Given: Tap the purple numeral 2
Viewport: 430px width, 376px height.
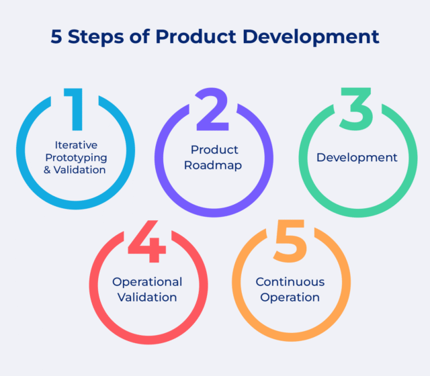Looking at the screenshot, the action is point(212,109).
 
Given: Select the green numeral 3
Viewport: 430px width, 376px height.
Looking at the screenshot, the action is point(356,109).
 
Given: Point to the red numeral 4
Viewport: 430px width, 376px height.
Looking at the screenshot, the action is point(147,241).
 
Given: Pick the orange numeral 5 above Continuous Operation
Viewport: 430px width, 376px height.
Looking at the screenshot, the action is point(290,240).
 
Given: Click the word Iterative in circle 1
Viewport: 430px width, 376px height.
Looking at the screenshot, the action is point(76,145).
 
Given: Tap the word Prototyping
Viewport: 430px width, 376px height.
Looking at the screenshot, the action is point(76,158).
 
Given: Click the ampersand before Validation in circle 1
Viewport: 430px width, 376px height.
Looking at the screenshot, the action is point(47,170).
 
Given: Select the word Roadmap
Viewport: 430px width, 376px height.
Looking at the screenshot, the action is point(213,166).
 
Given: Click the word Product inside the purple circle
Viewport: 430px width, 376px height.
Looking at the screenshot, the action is point(214,150).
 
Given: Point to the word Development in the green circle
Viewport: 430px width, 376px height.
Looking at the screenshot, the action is point(357,158).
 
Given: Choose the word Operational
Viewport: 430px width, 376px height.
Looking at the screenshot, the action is point(147,282).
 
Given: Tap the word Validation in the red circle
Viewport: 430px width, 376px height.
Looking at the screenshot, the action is point(147,297).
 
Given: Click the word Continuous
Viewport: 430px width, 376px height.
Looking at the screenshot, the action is point(290,282).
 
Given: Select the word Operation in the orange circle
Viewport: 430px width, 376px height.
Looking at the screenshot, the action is point(290,298).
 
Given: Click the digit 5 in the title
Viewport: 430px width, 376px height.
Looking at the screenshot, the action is point(56,37).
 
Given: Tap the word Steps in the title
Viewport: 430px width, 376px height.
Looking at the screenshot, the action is point(96,38).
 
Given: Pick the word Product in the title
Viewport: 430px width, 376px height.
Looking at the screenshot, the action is point(196,36).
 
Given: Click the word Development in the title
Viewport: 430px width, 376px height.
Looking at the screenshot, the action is point(311,37).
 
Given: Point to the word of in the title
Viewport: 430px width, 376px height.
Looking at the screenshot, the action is point(140,36).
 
